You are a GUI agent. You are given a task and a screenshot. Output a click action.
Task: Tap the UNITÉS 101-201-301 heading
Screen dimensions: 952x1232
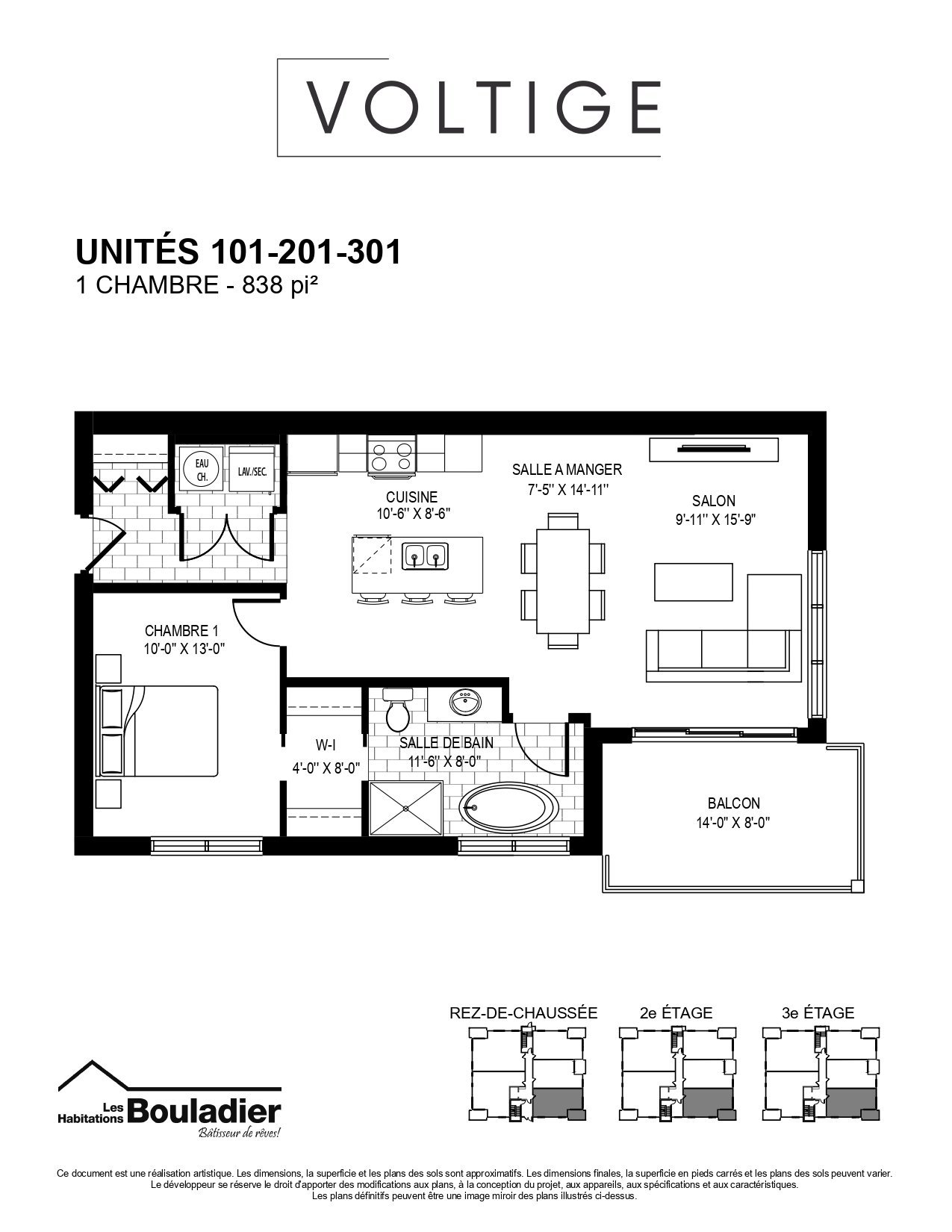click(239, 252)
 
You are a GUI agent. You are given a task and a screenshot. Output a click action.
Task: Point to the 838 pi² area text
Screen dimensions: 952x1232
click(279, 285)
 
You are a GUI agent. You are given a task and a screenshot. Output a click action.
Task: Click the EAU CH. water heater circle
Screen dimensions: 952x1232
click(202, 470)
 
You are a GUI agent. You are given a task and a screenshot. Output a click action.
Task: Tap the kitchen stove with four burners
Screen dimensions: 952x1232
click(391, 455)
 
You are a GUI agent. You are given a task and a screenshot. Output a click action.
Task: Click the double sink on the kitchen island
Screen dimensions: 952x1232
click(425, 555)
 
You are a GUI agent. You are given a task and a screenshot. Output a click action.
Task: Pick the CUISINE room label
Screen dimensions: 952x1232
click(411, 497)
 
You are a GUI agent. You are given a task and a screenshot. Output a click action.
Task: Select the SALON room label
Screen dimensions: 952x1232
click(713, 500)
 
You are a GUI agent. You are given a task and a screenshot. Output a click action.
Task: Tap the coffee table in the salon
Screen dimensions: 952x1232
click(694, 582)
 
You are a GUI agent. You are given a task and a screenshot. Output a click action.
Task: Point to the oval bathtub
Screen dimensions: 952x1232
click(508, 809)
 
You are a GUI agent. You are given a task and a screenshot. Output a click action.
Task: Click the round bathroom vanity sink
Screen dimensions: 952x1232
click(465, 703)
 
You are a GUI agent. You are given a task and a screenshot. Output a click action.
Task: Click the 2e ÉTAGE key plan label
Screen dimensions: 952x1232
click(676, 1012)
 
